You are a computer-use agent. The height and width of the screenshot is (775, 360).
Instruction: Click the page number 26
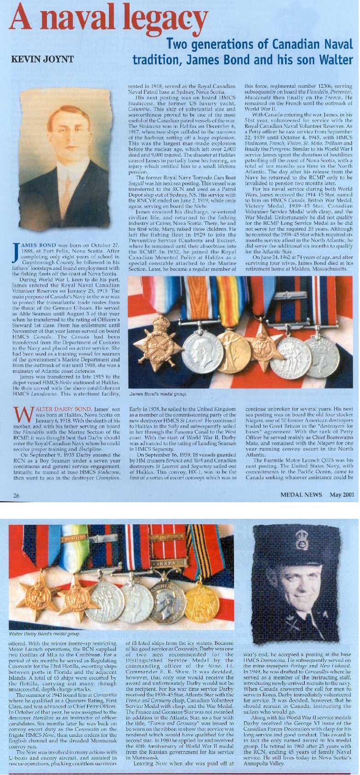[x=16, y=495]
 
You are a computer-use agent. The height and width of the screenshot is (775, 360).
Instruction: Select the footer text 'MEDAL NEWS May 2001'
[x=317, y=495]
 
